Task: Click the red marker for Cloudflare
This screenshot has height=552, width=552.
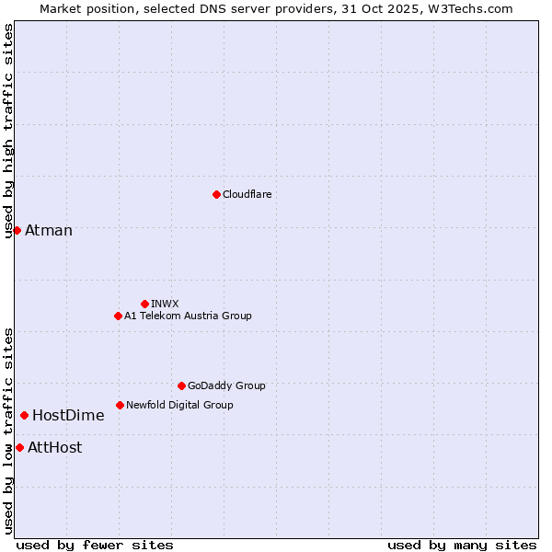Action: click(216, 194)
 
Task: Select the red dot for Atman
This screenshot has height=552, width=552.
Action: click(17, 230)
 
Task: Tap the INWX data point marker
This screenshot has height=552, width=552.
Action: click(144, 304)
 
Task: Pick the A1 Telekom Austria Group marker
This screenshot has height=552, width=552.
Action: click(118, 316)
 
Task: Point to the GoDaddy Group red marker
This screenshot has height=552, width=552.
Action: click(181, 385)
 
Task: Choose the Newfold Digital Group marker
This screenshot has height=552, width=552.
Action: click(120, 405)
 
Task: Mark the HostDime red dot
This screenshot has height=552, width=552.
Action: click(24, 415)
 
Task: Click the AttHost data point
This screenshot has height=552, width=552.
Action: click(19, 447)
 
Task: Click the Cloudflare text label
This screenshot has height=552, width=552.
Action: click(247, 194)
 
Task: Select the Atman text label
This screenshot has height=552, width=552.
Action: click(49, 230)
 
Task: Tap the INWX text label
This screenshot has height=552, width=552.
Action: click(166, 304)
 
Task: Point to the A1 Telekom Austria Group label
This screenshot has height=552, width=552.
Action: click(188, 316)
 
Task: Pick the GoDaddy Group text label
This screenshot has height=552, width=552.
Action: click(226, 385)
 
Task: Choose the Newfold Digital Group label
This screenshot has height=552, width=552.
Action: click(179, 405)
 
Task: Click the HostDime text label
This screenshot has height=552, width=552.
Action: click(68, 415)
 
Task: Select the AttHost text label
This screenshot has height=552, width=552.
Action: click(55, 447)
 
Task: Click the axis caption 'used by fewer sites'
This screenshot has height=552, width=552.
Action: click(95, 545)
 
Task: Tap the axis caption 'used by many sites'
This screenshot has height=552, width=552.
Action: click(462, 545)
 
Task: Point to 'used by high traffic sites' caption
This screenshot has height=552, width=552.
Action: click(8, 132)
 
